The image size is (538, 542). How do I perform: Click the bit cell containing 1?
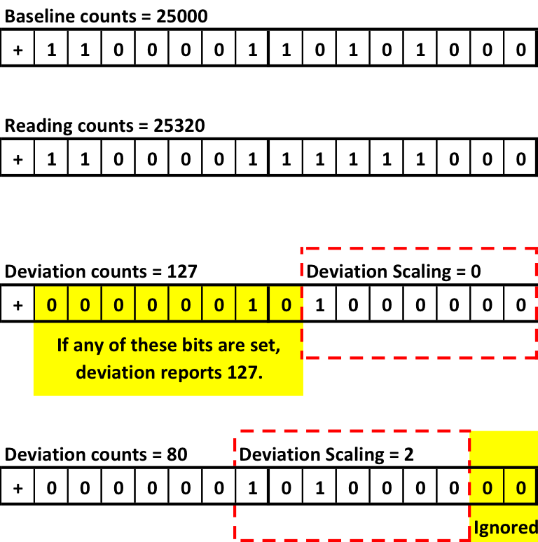(252, 305)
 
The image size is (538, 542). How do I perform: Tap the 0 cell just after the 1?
(286, 305)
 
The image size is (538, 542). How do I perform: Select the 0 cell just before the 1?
(219, 305)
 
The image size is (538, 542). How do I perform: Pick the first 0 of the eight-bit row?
(50, 305)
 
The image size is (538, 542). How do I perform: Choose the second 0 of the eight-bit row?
(84, 305)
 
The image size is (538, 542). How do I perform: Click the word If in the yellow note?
(64, 345)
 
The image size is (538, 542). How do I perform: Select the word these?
(153, 345)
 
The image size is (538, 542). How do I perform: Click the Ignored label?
(505, 527)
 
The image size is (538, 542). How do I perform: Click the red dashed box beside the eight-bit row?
(419, 303)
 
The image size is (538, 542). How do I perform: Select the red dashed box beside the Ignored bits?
(352, 485)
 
